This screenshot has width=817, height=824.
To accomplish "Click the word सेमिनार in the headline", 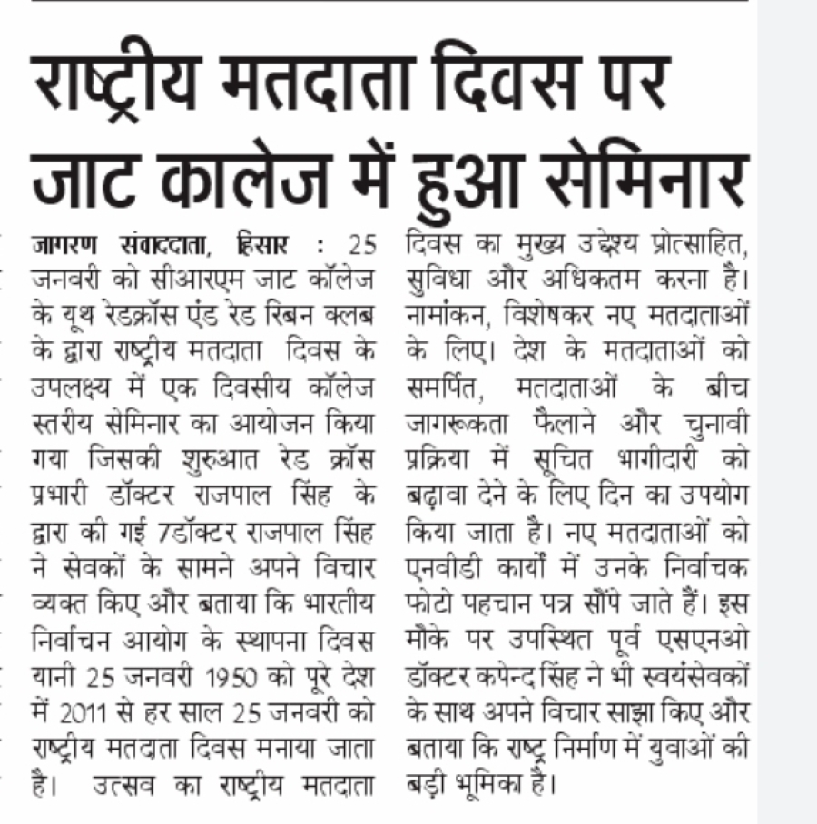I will click(650, 176).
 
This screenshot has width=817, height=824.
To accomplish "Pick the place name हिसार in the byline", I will click(263, 245).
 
